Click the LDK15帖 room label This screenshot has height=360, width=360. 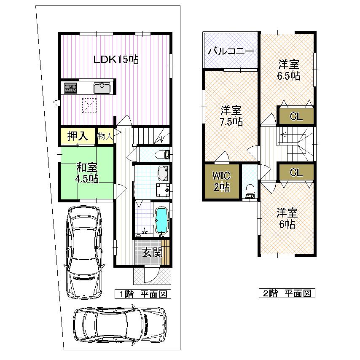point(116,60)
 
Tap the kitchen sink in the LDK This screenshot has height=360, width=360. point(102,88)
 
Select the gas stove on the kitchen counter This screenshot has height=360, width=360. point(70,88)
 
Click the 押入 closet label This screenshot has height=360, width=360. point(78,136)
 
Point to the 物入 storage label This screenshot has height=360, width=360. point(105,136)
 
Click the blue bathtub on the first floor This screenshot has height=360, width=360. point(162,220)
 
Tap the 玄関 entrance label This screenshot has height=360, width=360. point(152,253)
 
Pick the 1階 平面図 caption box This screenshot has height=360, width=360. point(143,294)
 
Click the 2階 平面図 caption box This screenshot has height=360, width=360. point(287,293)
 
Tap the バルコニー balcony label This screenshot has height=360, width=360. point(231,51)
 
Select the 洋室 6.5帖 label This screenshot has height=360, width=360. point(289,70)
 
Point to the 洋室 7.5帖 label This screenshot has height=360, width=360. point(231,117)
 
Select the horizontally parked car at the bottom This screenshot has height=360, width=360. point(120,325)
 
